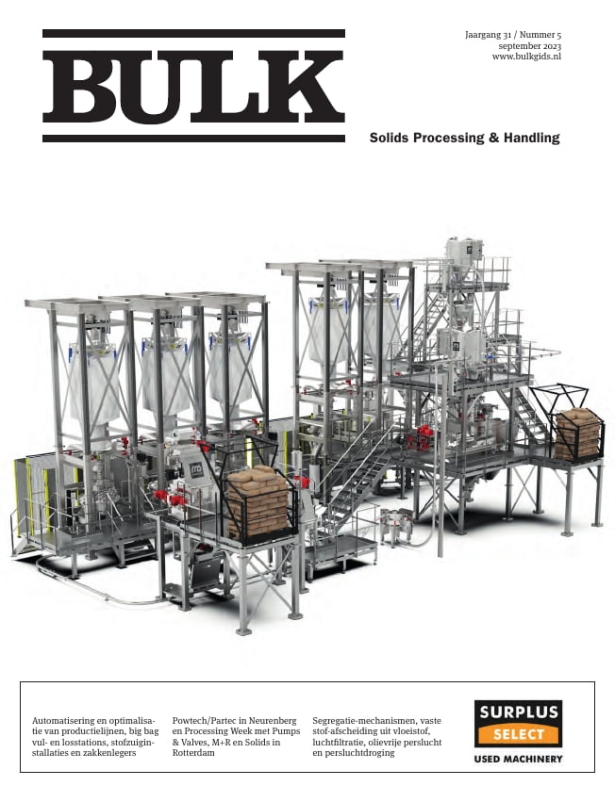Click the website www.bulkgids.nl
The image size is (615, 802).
point(527,57)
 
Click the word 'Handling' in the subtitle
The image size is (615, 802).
point(529,138)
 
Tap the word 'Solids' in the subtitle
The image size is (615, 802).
point(389,138)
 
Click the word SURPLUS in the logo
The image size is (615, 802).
point(518,713)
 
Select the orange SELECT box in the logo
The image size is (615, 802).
point(518,734)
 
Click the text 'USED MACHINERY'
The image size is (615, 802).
point(518,759)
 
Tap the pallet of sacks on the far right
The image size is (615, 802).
point(577,434)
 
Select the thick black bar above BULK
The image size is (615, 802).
point(193,34)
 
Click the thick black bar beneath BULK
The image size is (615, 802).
point(193,139)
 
